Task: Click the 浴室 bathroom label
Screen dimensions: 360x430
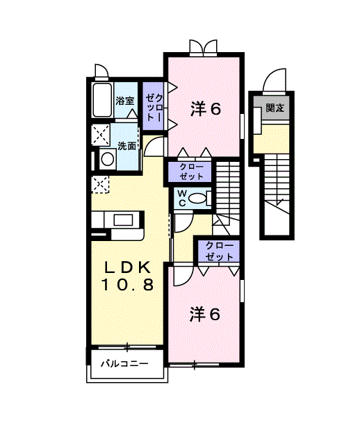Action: coord(125,101)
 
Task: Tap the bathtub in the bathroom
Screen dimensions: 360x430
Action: coord(103,100)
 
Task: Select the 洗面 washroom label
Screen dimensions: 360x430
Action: coord(126,146)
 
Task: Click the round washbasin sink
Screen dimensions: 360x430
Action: coord(107,158)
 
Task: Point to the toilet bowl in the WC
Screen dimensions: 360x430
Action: coord(197,199)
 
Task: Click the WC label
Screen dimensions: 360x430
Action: coord(182,198)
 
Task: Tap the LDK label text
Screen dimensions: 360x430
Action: coord(128,267)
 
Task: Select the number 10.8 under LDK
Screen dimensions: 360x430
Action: coord(128,285)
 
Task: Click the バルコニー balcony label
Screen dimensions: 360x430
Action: coord(124,364)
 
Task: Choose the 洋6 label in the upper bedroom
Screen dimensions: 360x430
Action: coord(206,110)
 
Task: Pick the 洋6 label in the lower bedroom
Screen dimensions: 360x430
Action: coord(205,314)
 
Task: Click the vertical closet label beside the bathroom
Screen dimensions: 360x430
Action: coord(154,107)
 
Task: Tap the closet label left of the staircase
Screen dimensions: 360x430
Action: coord(191,172)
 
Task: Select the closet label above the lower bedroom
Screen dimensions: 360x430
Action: coord(219,251)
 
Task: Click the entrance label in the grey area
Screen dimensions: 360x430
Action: coord(275,108)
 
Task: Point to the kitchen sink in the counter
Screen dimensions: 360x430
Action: coord(124,220)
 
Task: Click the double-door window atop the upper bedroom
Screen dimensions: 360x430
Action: coord(204,48)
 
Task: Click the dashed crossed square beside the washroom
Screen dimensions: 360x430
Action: coord(101,135)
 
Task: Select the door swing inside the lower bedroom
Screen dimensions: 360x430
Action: coord(183,276)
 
